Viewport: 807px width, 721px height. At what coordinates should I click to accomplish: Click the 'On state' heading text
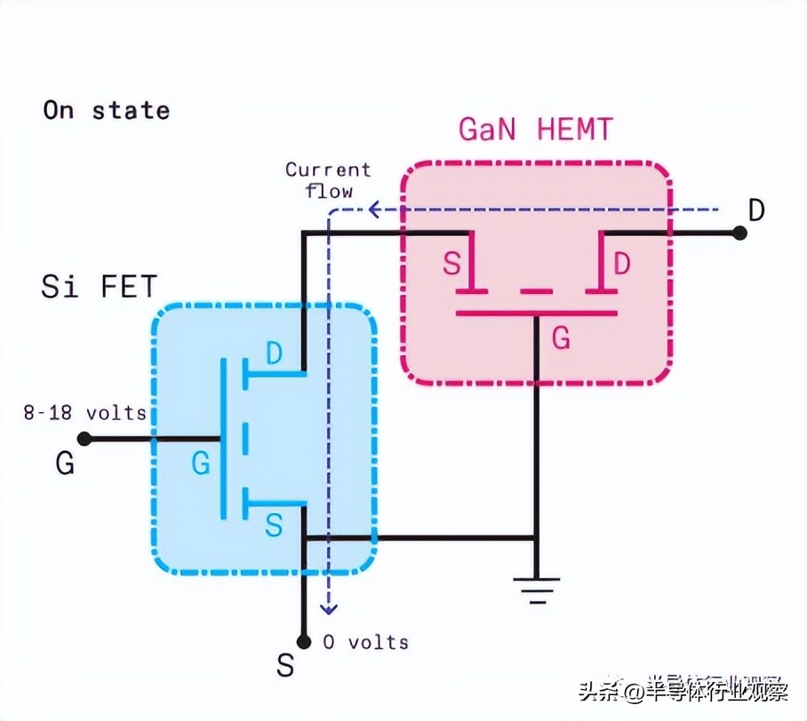106,111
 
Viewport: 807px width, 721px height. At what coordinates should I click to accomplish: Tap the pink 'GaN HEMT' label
535,131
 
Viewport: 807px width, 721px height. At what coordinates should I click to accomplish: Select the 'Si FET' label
99,287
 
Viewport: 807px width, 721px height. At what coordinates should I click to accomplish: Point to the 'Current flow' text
328,179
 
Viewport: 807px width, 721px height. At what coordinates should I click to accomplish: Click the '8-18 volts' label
85,413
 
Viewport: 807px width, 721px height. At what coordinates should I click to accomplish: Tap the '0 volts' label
365,642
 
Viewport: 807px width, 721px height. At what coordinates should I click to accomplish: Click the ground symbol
536,588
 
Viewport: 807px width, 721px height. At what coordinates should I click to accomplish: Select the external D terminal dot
739,233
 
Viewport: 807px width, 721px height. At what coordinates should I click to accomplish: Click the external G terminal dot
84,439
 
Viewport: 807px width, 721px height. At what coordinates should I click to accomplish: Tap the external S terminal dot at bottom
303,641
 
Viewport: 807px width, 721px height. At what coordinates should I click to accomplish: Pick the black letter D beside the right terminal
755,210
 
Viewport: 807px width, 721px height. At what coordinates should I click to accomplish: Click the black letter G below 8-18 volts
65,464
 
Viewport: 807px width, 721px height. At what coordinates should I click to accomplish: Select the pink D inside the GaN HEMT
622,265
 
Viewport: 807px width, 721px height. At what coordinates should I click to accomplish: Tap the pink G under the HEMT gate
562,337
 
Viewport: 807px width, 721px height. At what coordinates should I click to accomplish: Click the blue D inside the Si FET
275,354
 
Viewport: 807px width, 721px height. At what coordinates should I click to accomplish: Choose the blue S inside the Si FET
274,527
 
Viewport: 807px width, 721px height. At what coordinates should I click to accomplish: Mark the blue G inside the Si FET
201,463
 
